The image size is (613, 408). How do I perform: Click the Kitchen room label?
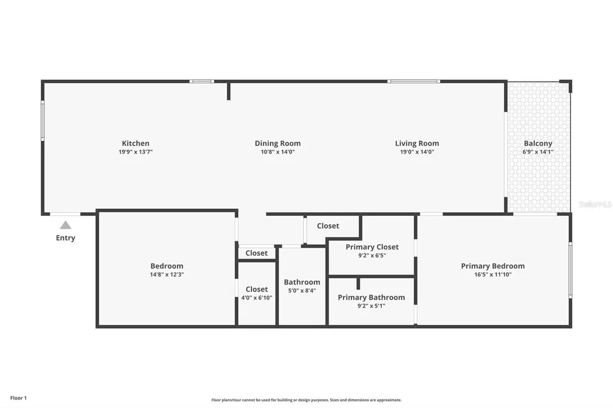[136, 144]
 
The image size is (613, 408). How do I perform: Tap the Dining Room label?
[278, 144]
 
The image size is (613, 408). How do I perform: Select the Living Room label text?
[417, 144]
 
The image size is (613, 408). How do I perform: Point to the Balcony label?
[538, 144]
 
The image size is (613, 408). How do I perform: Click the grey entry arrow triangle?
[65, 226]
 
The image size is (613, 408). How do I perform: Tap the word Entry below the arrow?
[65, 238]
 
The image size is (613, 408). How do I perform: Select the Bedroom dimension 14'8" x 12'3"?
[166, 275]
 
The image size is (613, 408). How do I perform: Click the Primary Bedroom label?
[493, 266]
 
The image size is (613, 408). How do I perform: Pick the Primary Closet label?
[372, 247]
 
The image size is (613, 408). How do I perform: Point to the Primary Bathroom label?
[371, 297]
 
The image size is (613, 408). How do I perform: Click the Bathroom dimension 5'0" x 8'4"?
[302, 291]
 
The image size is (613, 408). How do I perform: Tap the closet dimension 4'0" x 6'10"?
[256, 297]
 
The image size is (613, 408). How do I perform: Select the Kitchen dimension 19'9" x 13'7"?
[136, 152]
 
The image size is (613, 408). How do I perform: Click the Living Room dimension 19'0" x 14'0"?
[417, 152]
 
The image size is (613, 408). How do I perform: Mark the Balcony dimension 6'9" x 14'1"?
[538, 152]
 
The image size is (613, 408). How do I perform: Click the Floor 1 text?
[19, 398]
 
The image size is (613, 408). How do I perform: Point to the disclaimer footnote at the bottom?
[306, 400]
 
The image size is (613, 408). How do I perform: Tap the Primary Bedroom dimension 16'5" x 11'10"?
[493, 275]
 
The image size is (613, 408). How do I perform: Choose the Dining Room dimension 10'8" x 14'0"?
[278, 152]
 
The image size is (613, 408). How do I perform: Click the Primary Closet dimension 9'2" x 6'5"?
[372, 255]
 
